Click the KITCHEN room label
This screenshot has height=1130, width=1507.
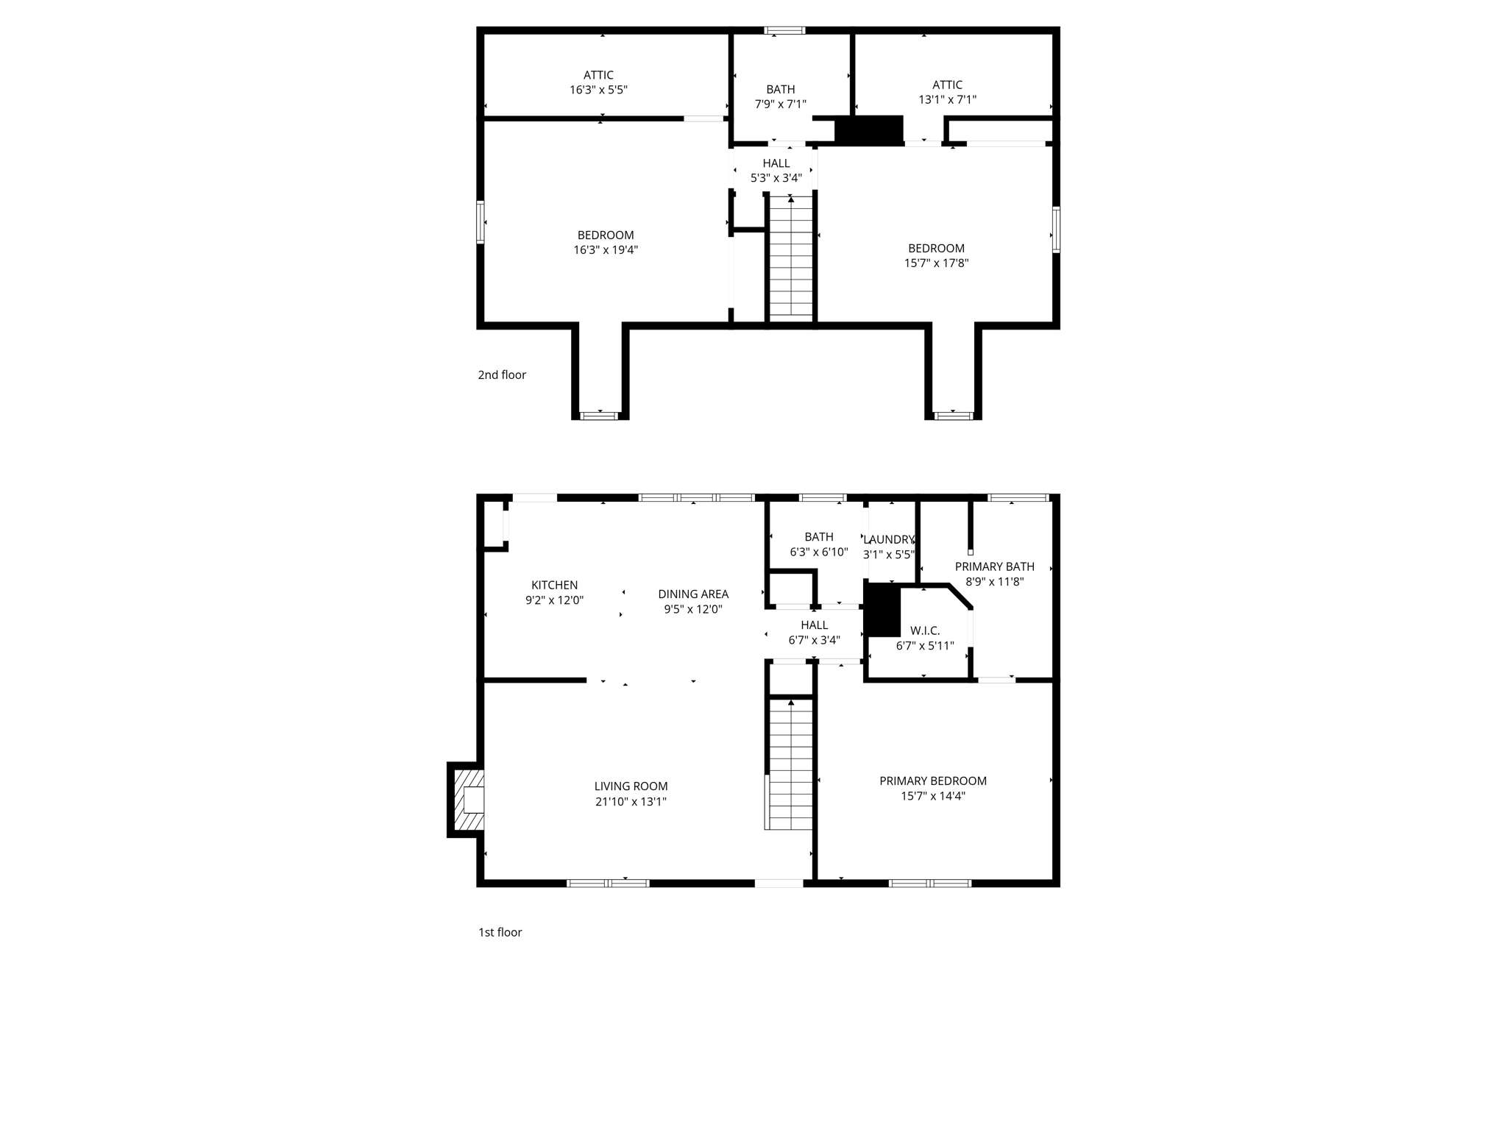554,585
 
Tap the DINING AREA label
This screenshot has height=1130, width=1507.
693,594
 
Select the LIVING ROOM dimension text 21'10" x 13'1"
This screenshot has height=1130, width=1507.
631,802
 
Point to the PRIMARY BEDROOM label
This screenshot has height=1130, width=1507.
932,781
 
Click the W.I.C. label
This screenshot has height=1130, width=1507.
924,630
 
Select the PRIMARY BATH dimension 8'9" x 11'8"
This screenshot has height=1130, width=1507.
994,581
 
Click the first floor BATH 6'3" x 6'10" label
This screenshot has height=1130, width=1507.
818,544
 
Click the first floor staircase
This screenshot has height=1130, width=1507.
790,765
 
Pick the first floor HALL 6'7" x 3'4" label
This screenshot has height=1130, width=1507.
814,633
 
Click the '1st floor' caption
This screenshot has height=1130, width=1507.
500,932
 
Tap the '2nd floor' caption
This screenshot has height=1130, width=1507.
502,374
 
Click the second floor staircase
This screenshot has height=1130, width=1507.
790,257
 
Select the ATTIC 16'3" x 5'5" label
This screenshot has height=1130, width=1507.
598,82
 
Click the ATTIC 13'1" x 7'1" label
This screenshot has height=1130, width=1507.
947,92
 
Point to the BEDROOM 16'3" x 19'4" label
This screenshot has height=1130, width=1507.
605,242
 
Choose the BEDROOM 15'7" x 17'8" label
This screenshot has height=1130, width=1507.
936,255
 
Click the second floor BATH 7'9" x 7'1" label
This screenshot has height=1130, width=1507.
780,97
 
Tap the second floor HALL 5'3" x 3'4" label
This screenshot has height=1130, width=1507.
776,171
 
